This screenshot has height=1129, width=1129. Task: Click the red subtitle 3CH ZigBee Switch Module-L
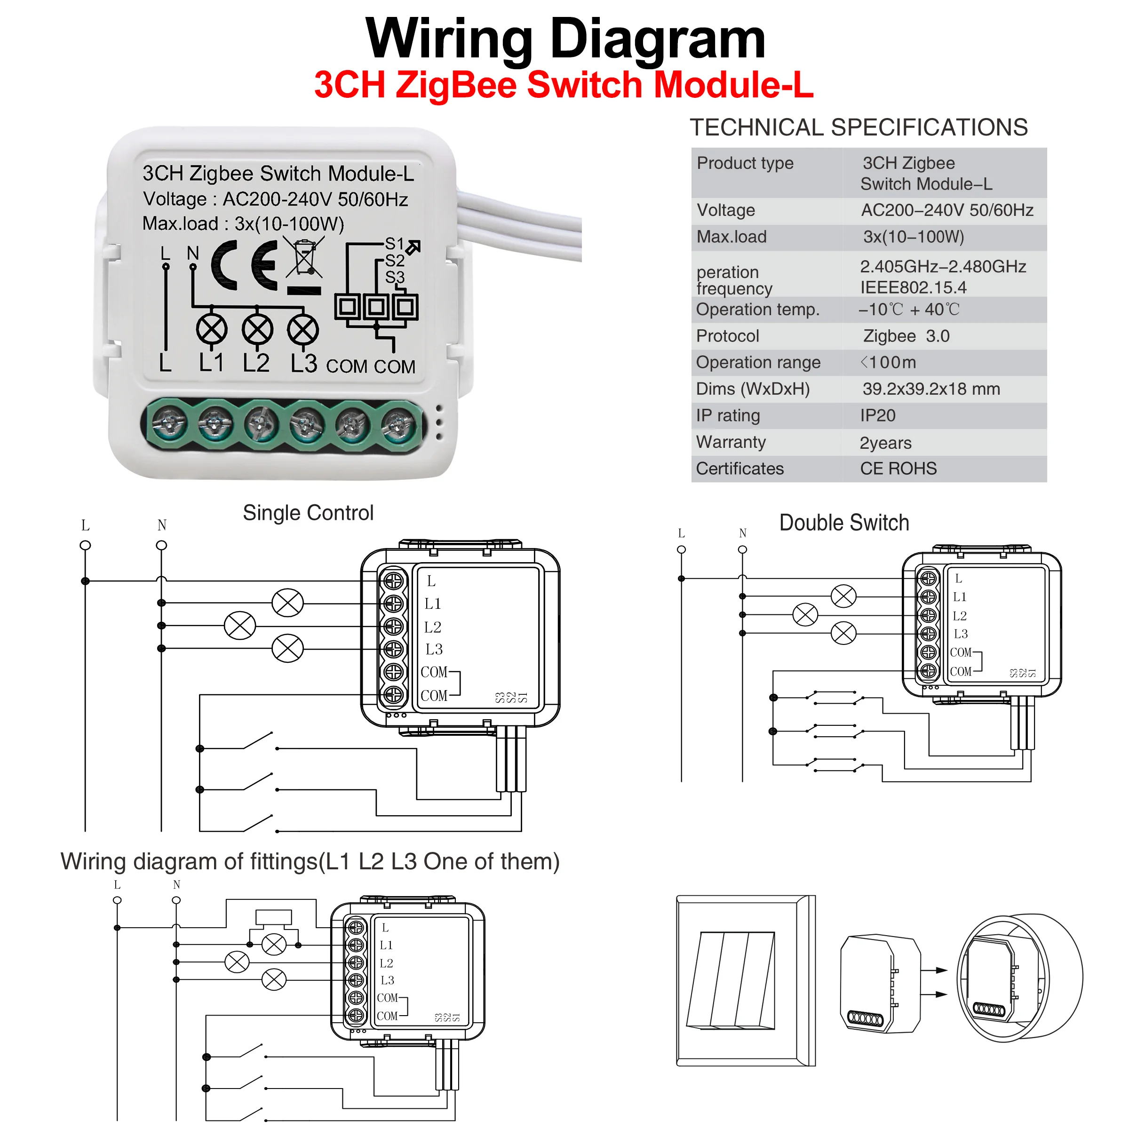click(x=564, y=85)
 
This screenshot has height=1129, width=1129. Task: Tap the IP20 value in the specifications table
click(x=877, y=415)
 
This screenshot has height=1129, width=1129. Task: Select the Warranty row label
click(x=731, y=442)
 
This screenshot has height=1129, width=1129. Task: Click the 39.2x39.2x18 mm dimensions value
click(x=931, y=389)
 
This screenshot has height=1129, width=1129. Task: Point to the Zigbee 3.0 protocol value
click(x=906, y=336)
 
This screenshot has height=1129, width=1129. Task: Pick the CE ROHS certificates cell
click(x=898, y=469)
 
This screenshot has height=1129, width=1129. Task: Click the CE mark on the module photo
click(x=244, y=265)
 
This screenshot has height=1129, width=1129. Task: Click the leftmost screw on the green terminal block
click(x=169, y=423)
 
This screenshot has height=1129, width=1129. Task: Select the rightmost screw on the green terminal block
click(x=398, y=423)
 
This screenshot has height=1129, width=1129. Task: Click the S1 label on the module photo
click(x=395, y=244)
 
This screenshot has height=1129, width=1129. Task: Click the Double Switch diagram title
click(x=844, y=523)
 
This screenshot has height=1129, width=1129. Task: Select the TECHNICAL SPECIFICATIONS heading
click(x=859, y=127)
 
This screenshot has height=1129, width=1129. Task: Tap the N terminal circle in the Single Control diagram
click(x=162, y=545)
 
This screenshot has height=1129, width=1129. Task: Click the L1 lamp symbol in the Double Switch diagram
click(x=843, y=596)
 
